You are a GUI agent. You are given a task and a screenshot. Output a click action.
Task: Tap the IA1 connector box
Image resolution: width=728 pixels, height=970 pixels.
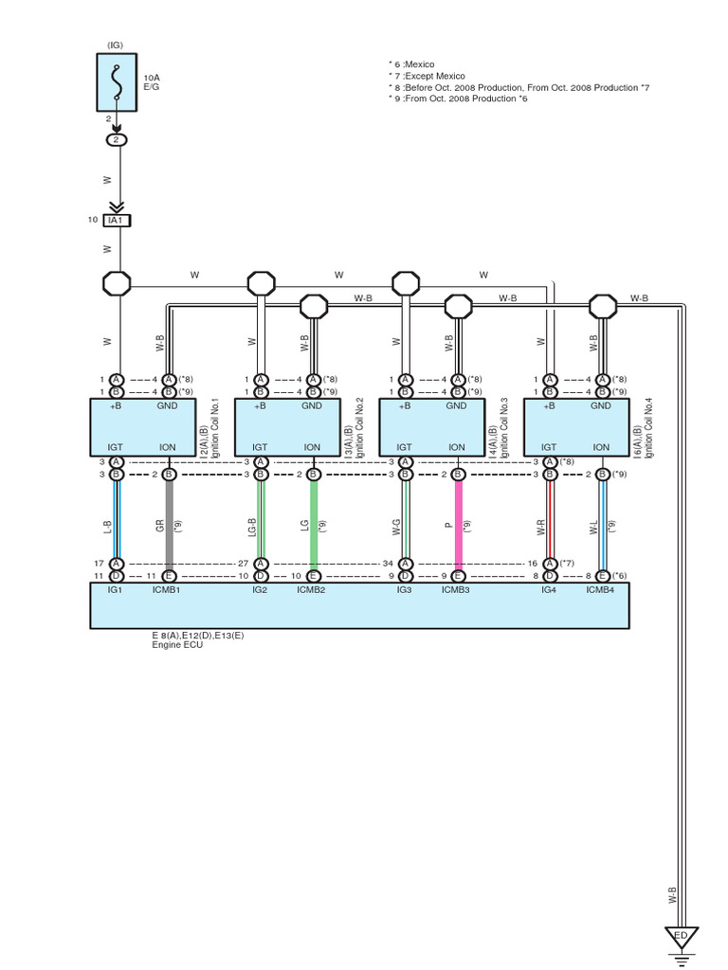(117, 220)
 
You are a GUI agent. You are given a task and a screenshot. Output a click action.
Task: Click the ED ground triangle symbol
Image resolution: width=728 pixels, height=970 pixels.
(680, 938)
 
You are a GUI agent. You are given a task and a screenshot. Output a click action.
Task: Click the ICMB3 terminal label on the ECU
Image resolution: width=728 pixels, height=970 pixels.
(458, 589)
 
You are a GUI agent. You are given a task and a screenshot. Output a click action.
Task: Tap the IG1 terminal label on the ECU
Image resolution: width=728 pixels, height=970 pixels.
(116, 589)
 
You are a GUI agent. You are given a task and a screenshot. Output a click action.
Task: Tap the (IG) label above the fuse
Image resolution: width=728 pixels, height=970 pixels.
(116, 44)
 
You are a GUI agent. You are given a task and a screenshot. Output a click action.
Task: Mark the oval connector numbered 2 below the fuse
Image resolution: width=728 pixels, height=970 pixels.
(116, 139)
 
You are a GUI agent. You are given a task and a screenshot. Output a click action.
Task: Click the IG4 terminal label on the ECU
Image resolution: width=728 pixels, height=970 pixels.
(549, 589)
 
